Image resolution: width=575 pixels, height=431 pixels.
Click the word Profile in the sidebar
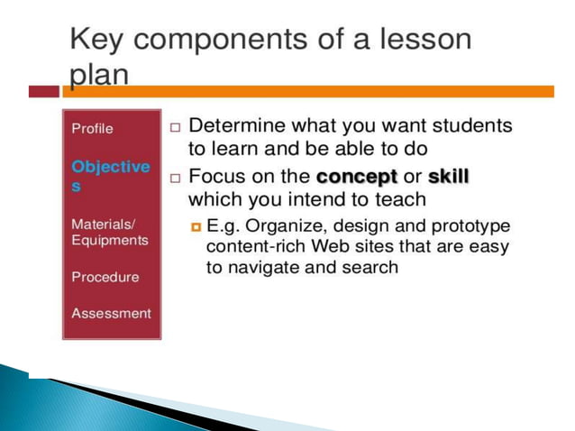pos(92,129)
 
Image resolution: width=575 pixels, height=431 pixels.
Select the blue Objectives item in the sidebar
pos(110,175)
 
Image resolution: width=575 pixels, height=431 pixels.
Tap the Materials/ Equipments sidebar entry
pos(108,232)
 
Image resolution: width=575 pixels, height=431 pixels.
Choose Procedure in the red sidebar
pos(105,277)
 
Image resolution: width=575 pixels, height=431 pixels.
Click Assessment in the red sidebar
pos(111,313)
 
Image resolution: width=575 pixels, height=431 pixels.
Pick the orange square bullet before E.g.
pos(195,224)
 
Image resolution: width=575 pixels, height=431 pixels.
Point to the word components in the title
pos(220,41)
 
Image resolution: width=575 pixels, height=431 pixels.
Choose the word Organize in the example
pos(278,224)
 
